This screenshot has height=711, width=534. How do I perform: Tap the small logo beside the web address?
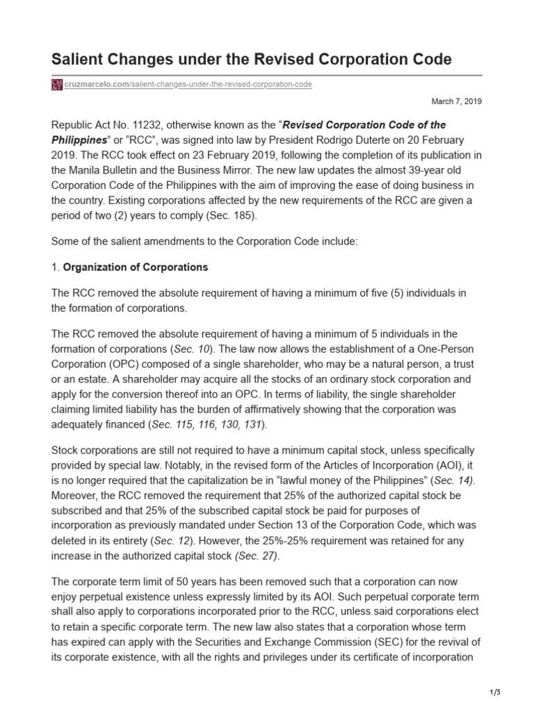(x=57, y=85)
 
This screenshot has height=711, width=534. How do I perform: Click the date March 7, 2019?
(x=457, y=101)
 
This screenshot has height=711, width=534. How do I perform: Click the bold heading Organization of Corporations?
(x=136, y=267)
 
